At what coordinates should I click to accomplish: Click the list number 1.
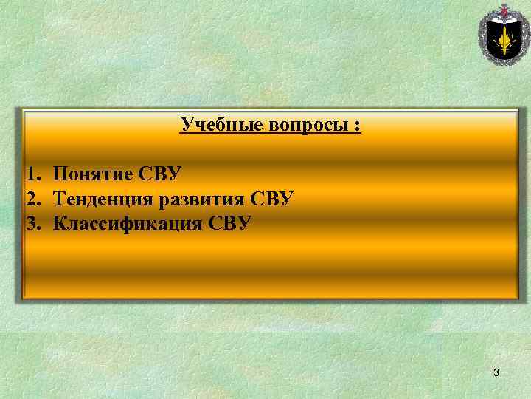31,174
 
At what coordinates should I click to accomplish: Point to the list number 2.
31,198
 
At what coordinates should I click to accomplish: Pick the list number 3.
31,222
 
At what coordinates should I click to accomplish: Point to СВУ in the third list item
229,222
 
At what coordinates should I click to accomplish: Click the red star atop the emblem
504,9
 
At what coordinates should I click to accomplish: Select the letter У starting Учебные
186,124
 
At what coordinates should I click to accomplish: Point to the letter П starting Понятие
60,174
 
